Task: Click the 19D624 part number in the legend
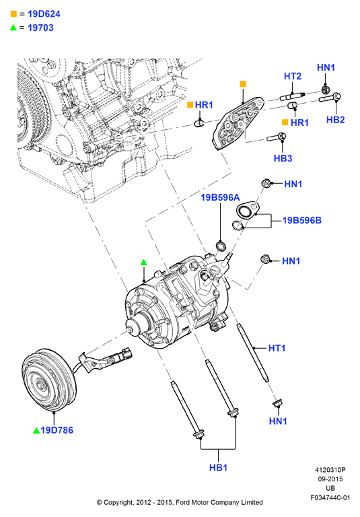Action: point(44,14)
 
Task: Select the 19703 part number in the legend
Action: point(40,28)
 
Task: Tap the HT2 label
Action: point(293,76)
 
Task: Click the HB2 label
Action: point(335,120)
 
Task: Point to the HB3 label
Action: point(283,158)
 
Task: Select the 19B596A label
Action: point(220,197)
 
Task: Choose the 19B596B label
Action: point(301,220)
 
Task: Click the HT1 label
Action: point(277,348)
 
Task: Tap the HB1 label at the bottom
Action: point(218,468)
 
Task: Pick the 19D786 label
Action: point(57,430)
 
